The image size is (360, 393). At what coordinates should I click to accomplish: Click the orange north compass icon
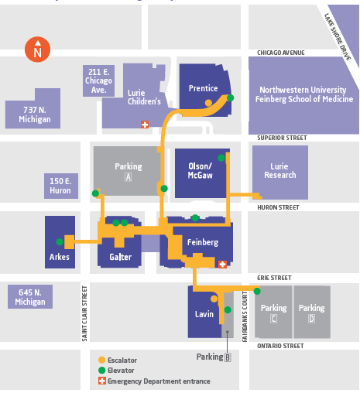click(x=37, y=50)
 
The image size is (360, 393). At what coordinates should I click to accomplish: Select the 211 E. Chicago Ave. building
click(x=98, y=80)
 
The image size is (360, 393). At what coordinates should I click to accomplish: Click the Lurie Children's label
click(x=144, y=96)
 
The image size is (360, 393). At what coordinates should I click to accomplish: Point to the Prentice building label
click(x=204, y=88)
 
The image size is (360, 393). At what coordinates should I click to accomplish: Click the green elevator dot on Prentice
click(x=231, y=97)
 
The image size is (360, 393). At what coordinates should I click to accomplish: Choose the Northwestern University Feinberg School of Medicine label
click(x=304, y=94)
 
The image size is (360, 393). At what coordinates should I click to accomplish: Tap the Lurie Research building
click(x=279, y=171)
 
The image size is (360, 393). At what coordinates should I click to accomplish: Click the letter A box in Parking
click(x=129, y=177)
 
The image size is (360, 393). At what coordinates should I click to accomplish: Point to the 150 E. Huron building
click(x=60, y=186)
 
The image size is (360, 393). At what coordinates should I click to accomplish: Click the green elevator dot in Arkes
click(x=60, y=241)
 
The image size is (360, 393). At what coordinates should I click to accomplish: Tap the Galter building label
click(x=121, y=257)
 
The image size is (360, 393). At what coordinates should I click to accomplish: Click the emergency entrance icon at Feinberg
click(x=223, y=265)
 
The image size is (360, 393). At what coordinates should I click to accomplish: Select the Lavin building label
click(x=204, y=314)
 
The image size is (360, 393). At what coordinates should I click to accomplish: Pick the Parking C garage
click(x=273, y=312)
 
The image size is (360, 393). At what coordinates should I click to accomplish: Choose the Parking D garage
click(x=312, y=312)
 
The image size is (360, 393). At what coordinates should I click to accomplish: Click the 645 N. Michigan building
click(x=30, y=296)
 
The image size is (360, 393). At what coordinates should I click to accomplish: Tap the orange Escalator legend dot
click(x=101, y=360)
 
